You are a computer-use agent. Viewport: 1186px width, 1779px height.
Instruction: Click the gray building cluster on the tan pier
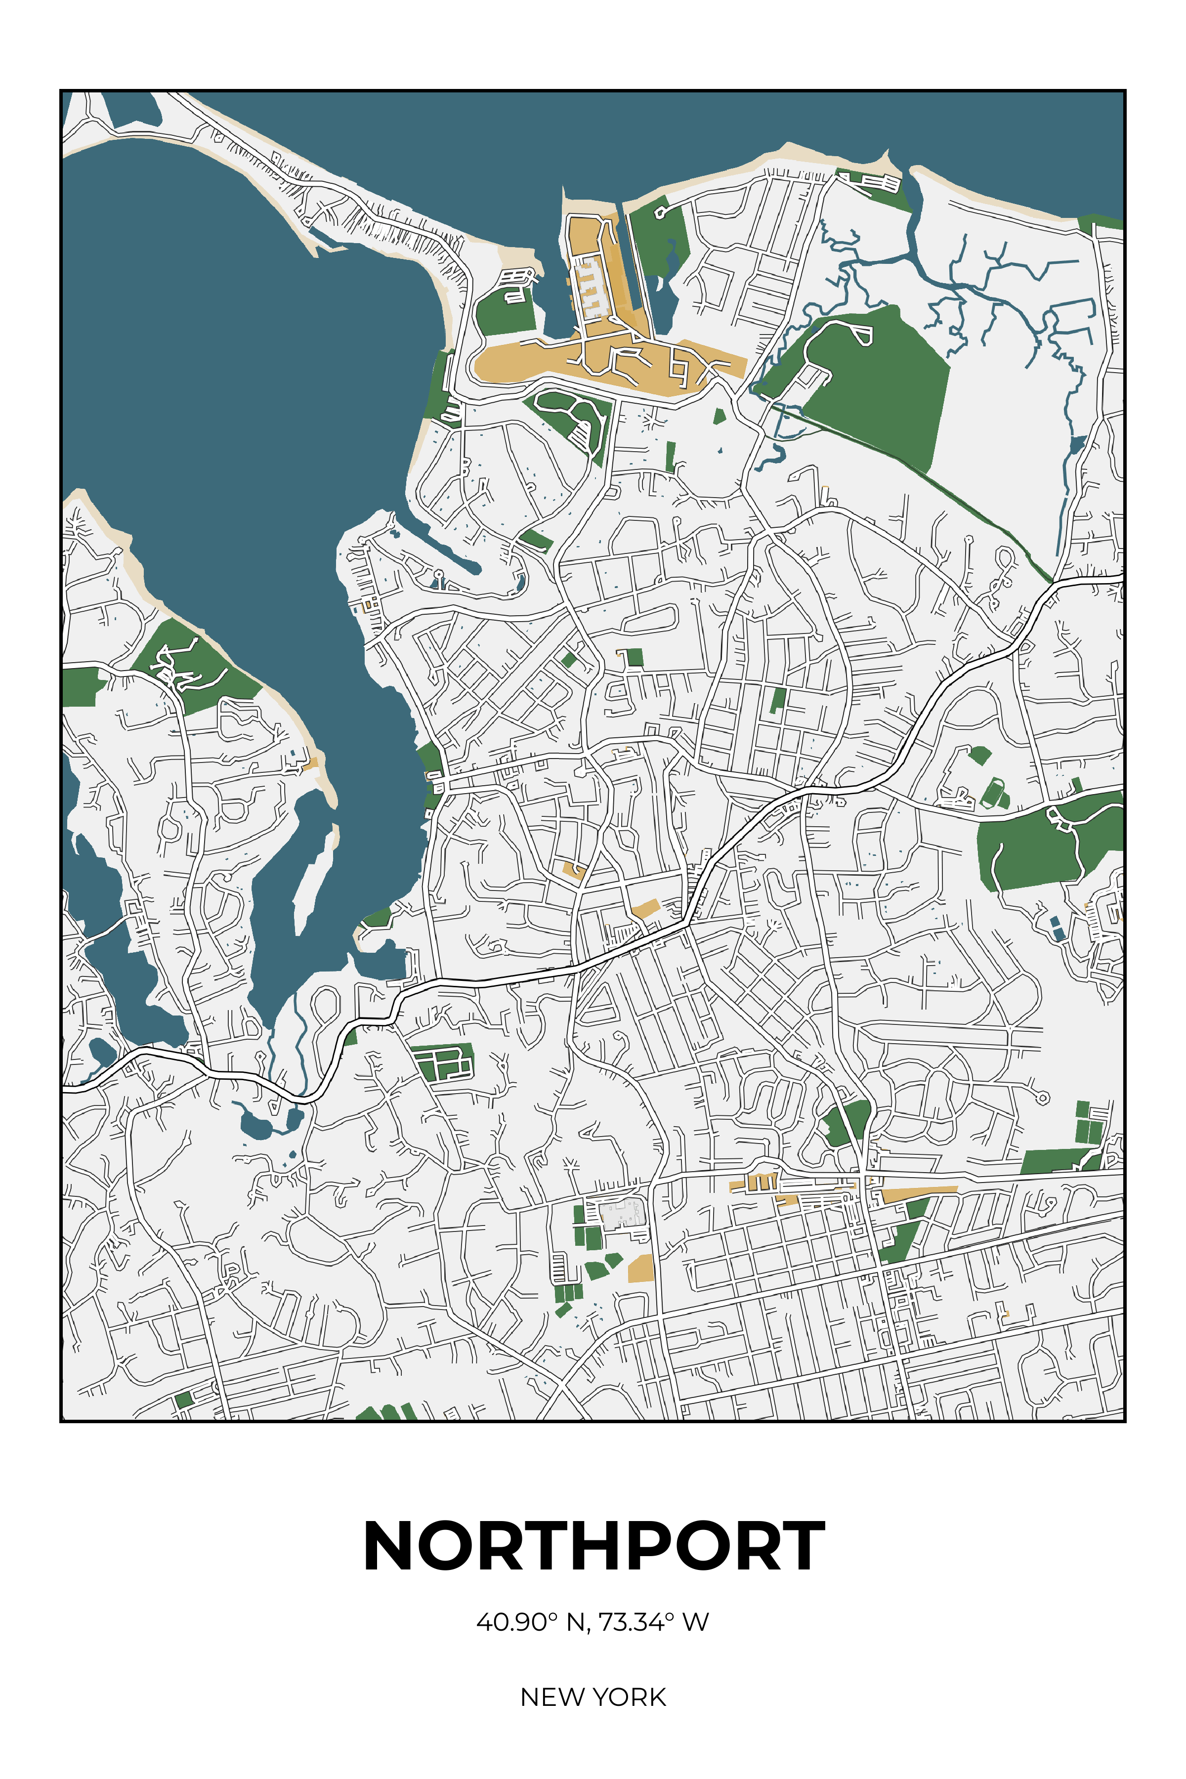point(591,288)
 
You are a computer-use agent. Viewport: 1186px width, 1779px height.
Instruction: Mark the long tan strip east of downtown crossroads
point(918,1193)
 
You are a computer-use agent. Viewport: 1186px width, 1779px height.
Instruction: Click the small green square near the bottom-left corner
point(183,1399)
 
